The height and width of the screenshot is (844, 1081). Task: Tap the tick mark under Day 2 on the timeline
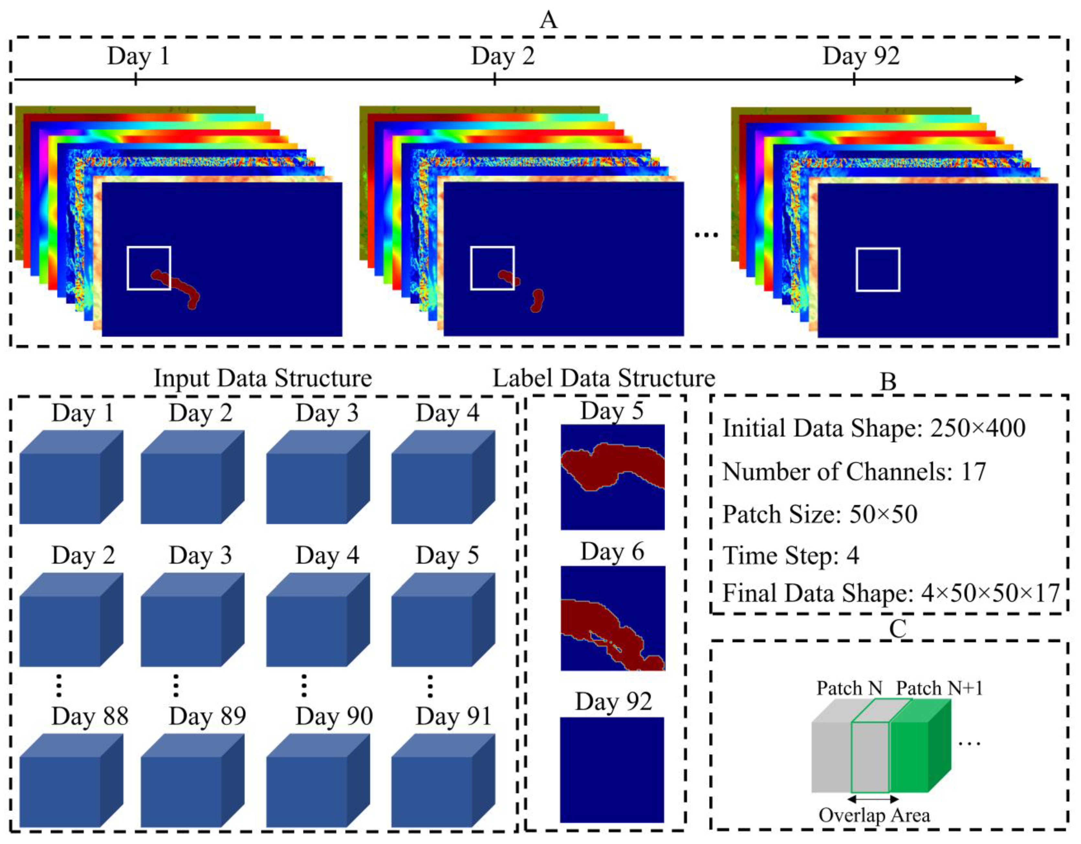click(x=495, y=80)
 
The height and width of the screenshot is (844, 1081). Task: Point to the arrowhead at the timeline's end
click(x=1019, y=80)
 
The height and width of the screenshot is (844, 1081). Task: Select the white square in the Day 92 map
click(x=878, y=270)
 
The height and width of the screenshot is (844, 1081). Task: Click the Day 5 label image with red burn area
click(x=612, y=477)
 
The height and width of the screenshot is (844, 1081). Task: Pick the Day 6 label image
click(x=612, y=618)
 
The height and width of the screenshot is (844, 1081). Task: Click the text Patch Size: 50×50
click(x=820, y=514)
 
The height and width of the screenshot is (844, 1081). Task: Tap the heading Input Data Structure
click(x=263, y=378)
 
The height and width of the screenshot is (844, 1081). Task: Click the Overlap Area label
click(x=874, y=815)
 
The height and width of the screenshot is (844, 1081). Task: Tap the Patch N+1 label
click(x=939, y=688)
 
